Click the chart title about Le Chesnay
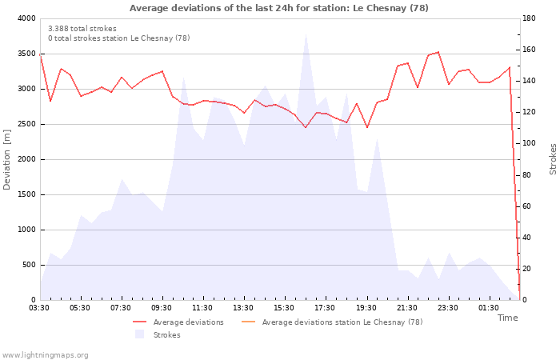278,8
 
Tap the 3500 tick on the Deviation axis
26,54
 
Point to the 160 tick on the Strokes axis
529,50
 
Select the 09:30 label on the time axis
162,308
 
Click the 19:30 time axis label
367,308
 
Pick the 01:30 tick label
490,308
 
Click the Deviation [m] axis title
6,160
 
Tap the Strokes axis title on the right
553,159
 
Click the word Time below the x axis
507,318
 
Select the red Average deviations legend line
140,322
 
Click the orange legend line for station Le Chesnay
249,322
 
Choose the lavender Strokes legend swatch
140,334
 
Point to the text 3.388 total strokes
82,29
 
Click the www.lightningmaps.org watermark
45,355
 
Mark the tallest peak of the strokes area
306,34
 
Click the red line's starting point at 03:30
40,54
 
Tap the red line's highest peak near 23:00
438,52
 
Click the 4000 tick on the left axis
26,18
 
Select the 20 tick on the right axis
526,269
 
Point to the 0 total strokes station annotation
119,38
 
